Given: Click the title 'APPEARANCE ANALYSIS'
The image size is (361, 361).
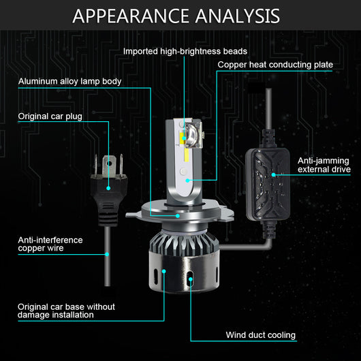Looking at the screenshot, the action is [176, 16].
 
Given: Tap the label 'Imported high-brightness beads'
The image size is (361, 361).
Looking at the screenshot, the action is [185, 51].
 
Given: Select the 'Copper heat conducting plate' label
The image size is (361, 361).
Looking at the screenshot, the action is [275, 65].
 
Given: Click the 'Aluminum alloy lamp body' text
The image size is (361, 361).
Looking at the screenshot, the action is [69, 81].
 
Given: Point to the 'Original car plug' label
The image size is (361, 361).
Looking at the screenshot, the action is [50, 116].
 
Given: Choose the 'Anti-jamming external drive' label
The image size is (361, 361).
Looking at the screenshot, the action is [324, 165].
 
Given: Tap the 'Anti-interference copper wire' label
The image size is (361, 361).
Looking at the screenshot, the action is [50, 244].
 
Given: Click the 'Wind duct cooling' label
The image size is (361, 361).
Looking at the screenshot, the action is [261, 335].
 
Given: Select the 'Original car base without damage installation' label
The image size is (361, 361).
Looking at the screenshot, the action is [66, 311].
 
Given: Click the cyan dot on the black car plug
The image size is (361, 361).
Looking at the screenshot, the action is [108, 188].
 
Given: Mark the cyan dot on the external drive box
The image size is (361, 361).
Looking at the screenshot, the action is [274, 175].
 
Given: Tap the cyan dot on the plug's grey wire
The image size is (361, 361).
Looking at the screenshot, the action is [107, 254].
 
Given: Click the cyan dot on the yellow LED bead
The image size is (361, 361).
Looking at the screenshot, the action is [184, 138].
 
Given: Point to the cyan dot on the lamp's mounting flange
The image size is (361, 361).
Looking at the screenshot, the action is [178, 216].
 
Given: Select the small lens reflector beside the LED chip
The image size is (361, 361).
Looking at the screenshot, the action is [193, 135].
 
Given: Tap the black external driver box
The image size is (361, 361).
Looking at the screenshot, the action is [268, 184].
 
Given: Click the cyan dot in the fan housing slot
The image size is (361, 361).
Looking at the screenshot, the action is [191, 279].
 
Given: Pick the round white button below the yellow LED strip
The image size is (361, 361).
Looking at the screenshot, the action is [183, 171].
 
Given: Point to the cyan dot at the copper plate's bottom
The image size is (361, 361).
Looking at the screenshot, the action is [187, 180].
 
